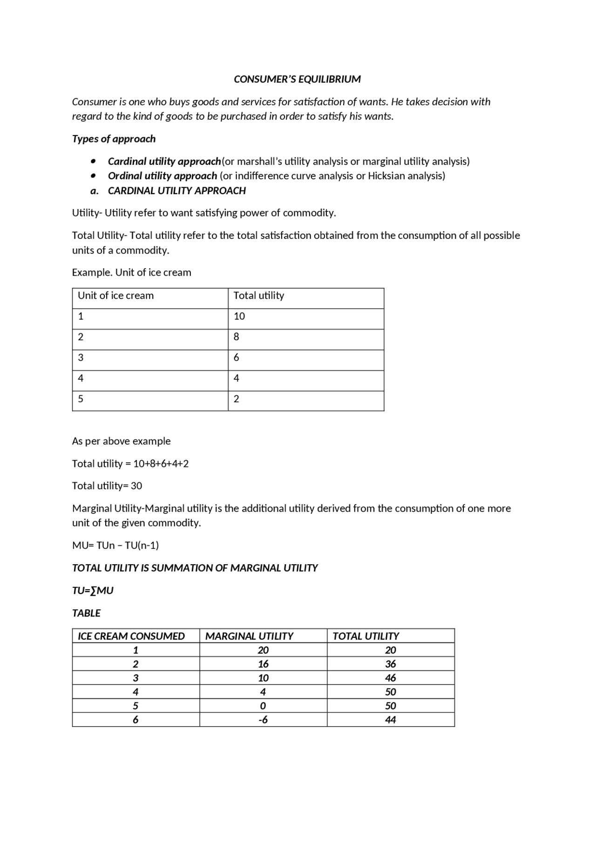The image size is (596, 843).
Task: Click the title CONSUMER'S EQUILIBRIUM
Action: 297,79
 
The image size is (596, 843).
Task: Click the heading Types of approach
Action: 114,139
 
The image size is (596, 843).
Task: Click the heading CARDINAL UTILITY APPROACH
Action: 176,191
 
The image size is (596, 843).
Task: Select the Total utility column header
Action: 258,296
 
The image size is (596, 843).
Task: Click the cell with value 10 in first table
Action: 239,317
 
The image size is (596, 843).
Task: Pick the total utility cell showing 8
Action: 237,337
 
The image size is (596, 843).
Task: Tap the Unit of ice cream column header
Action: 115,296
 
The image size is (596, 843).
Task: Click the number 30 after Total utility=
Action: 136,486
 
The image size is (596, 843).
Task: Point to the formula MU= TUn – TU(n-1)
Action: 115,546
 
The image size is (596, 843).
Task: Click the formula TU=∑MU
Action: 93,591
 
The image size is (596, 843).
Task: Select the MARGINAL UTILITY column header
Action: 249,636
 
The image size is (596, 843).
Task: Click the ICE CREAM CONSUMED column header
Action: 131,636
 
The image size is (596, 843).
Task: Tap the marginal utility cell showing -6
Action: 263,720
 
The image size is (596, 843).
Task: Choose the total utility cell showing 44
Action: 390,720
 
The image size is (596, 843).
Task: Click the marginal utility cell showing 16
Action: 263,664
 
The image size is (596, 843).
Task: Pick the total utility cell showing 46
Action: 390,678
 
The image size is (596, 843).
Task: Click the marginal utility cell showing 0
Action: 263,706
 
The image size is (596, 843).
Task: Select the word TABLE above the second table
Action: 86,614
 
